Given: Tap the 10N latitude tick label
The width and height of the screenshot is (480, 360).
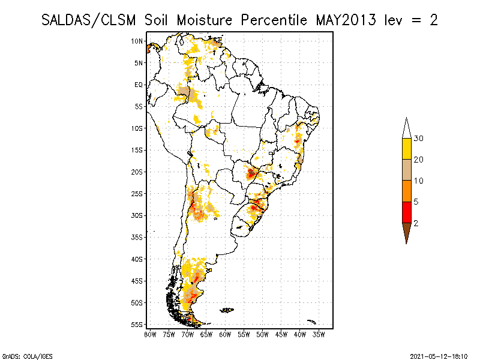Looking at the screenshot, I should pyautogui.click(x=137, y=41).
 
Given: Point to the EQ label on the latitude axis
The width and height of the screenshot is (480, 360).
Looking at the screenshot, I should pyautogui.click(x=139, y=85).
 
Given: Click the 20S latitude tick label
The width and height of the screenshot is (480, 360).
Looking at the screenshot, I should pyautogui.click(x=137, y=172).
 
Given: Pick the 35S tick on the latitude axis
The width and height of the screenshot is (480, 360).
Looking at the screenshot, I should pyautogui.click(x=137, y=237).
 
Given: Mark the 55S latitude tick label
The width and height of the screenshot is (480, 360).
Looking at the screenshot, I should pyautogui.click(x=137, y=324).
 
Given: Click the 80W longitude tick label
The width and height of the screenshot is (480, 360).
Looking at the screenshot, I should pyautogui.click(x=150, y=334).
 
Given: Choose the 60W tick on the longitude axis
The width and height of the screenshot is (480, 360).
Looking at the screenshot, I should pyautogui.click(x=225, y=334).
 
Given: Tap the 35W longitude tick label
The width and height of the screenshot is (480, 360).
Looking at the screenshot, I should pyautogui.click(x=319, y=334).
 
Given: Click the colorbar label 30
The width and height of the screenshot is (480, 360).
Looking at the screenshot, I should pyautogui.click(x=419, y=139).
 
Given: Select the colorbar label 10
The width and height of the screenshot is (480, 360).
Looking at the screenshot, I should pyautogui.click(x=419, y=181).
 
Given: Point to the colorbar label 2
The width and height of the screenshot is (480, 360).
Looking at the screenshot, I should pyautogui.click(x=416, y=223).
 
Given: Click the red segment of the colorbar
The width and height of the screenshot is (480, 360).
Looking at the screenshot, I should pyautogui.click(x=406, y=212).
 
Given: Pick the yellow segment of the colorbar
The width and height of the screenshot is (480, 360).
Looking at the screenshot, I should pyautogui.click(x=406, y=149).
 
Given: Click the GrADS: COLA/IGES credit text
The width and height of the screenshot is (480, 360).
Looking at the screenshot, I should pyautogui.click(x=20, y=355).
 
